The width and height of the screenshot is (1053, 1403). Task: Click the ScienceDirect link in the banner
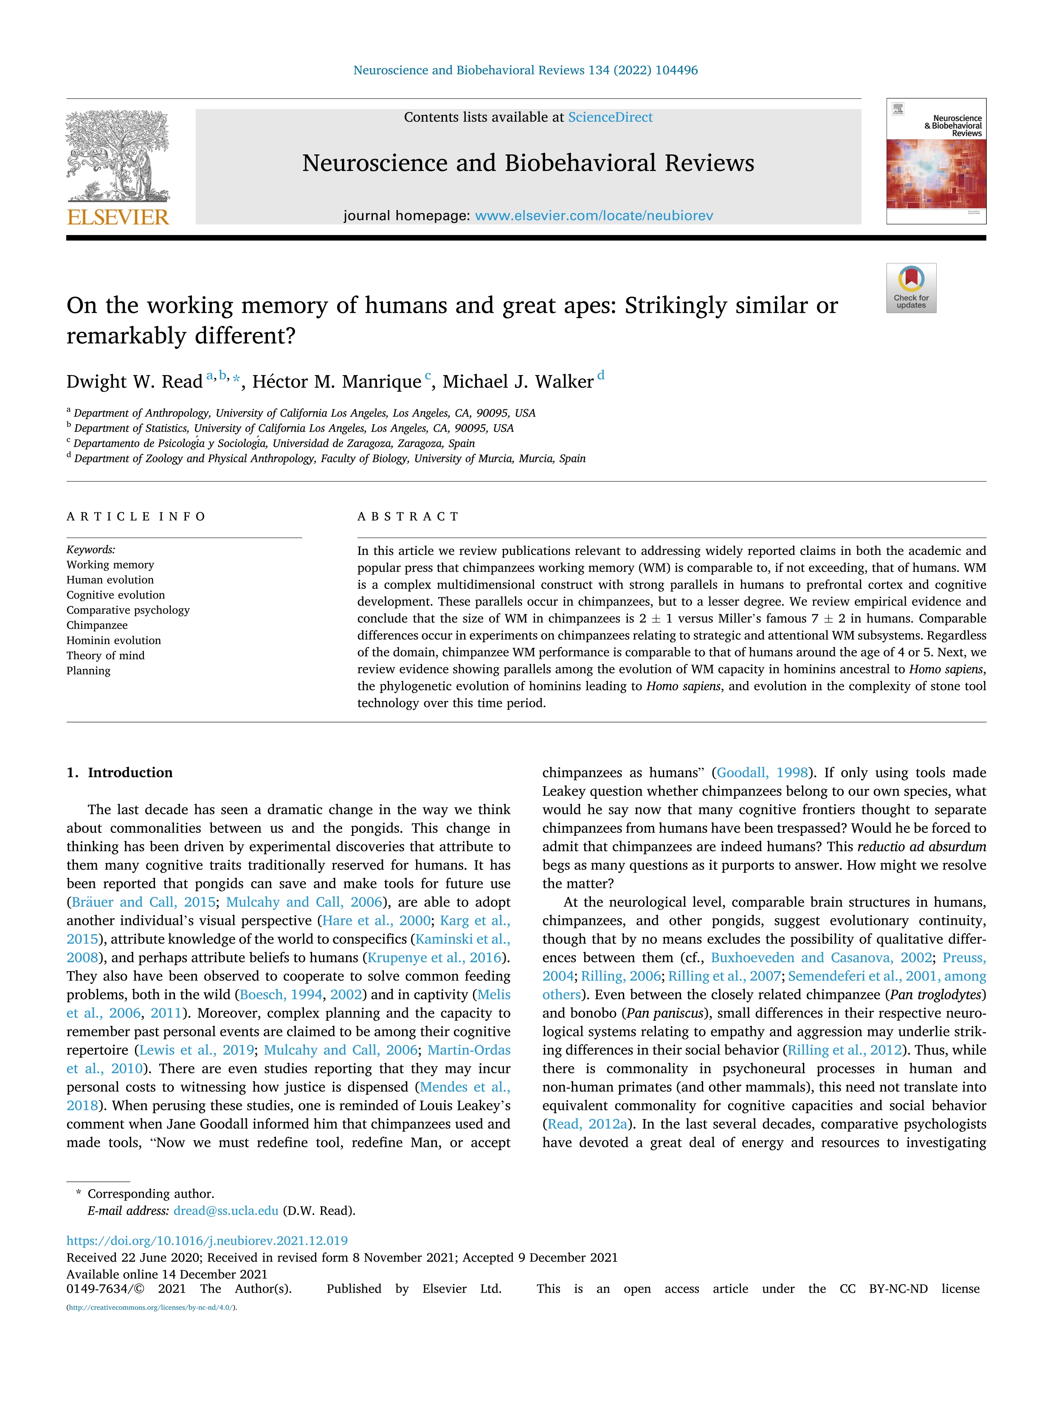(610, 118)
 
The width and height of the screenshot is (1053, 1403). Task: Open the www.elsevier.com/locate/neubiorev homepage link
(594, 216)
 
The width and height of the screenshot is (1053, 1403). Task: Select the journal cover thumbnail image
(936, 161)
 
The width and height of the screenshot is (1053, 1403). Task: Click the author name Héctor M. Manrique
(336, 382)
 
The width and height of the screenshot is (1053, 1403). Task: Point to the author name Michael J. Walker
(518, 382)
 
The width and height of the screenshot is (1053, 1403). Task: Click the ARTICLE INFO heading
(136, 516)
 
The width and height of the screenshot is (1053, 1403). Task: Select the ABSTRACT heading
(408, 516)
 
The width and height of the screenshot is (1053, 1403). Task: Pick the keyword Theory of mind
(105, 655)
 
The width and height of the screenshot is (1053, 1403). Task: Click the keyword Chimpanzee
(97, 625)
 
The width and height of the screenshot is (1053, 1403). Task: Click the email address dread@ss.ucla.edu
(226, 1210)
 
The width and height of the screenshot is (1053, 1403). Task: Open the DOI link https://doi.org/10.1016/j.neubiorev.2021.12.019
(207, 1240)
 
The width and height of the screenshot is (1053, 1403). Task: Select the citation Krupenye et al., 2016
(435, 958)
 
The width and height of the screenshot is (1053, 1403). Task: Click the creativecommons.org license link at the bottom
(151, 1307)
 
